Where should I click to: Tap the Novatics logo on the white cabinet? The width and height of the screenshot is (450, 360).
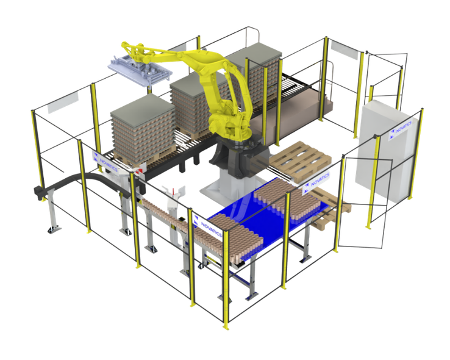[401, 131]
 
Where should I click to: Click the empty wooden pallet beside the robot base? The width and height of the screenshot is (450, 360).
[300, 160]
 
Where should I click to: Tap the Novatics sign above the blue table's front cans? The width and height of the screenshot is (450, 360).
[207, 227]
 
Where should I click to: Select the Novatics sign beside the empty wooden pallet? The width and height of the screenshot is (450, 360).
[316, 184]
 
